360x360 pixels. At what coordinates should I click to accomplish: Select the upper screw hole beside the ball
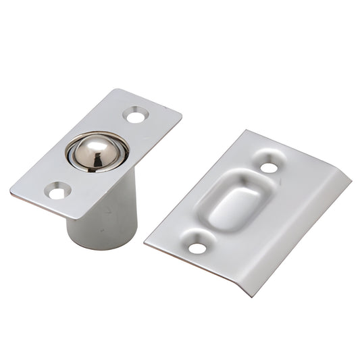click(x=135, y=117)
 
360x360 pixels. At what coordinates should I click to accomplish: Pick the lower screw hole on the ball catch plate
click(x=57, y=192)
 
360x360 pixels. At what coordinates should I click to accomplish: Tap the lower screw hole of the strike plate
click(x=197, y=247)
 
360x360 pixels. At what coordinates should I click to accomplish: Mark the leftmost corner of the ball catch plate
click(x=11, y=191)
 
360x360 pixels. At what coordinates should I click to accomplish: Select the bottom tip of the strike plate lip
click(x=253, y=296)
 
